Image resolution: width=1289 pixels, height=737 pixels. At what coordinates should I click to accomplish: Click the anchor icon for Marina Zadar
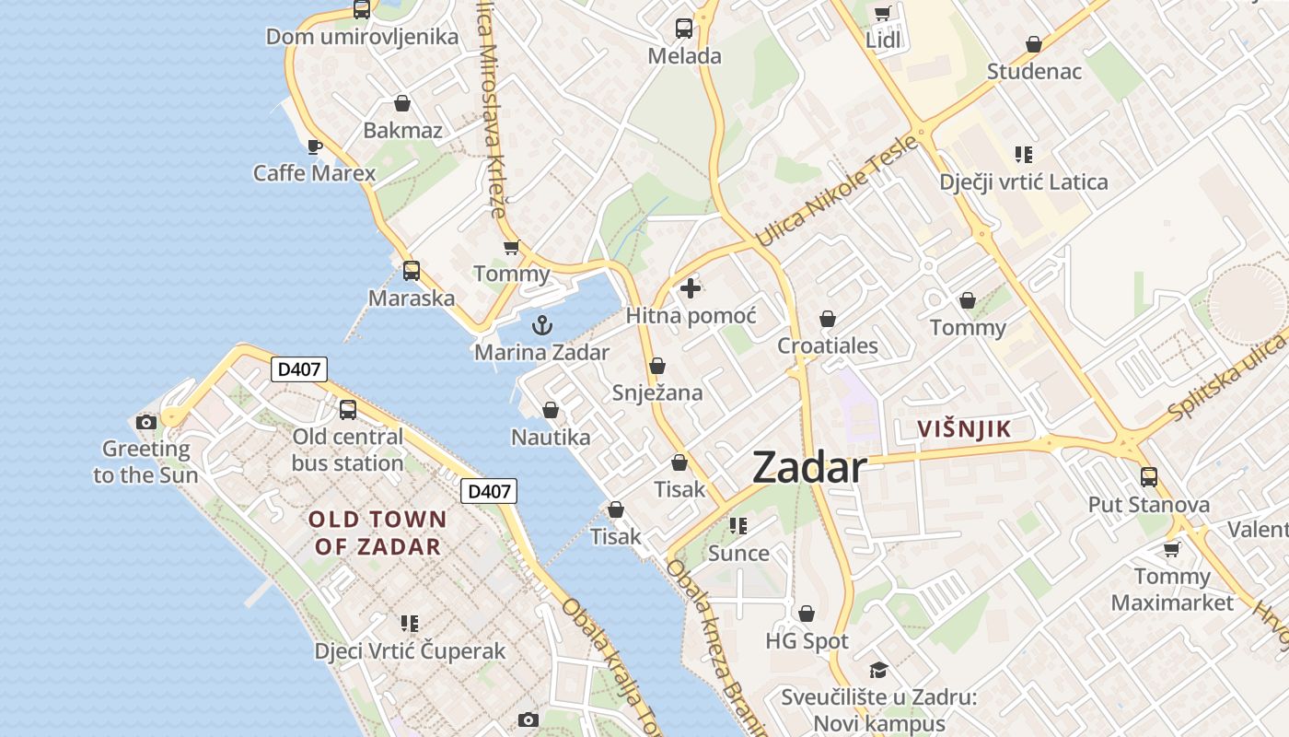[x=542, y=324]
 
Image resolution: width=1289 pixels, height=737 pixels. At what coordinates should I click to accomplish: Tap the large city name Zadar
[x=809, y=468]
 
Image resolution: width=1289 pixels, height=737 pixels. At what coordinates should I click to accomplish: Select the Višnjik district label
[x=964, y=428]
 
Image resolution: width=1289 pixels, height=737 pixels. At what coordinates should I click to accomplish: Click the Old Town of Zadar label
[x=377, y=532]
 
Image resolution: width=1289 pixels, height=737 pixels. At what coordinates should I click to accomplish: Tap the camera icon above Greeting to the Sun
[x=145, y=422]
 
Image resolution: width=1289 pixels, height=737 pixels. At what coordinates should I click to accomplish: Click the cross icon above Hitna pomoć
[x=690, y=288]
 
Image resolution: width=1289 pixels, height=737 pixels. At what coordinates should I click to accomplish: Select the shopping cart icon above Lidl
[x=882, y=13]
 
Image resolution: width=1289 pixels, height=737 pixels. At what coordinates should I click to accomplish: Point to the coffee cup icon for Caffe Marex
[x=314, y=146]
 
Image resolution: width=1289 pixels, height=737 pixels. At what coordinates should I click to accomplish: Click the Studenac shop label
[x=1034, y=71]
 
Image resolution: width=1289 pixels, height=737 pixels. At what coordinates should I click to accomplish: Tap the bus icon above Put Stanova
[x=1148, y=476]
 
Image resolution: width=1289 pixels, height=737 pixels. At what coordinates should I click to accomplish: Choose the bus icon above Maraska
[x=411, y=270]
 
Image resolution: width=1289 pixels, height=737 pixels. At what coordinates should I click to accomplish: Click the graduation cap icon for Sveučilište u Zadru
[x=877, y=670]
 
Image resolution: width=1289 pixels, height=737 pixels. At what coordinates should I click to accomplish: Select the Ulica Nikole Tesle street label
[x=836, y=192]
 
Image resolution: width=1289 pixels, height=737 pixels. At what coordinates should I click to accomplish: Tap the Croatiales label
[x=828, y=346]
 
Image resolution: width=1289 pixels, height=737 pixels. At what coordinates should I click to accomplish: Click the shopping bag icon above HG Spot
[x=807, y=613]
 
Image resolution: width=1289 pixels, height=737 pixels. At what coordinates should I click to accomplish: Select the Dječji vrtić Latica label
[x=1024, y=181]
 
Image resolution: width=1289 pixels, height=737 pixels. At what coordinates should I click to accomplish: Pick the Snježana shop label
[x=657, y=392]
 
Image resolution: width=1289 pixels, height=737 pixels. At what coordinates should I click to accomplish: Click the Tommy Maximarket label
[x=1172, y=590]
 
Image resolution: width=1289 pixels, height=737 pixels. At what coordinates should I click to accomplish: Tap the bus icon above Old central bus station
[x=347, y=410]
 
